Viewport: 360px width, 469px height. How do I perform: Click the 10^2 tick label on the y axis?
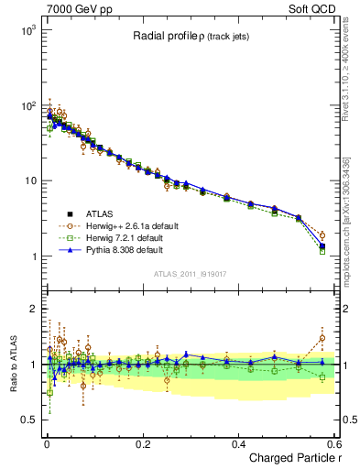27,105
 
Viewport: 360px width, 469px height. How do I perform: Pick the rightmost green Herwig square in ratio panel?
322,376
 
